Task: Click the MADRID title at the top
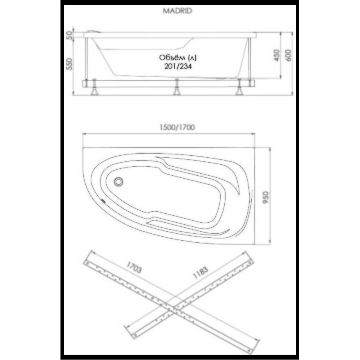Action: click(x=178, y=11)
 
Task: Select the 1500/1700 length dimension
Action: click(x=177, y=127)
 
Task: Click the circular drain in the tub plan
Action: click(x=119, y=181)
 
